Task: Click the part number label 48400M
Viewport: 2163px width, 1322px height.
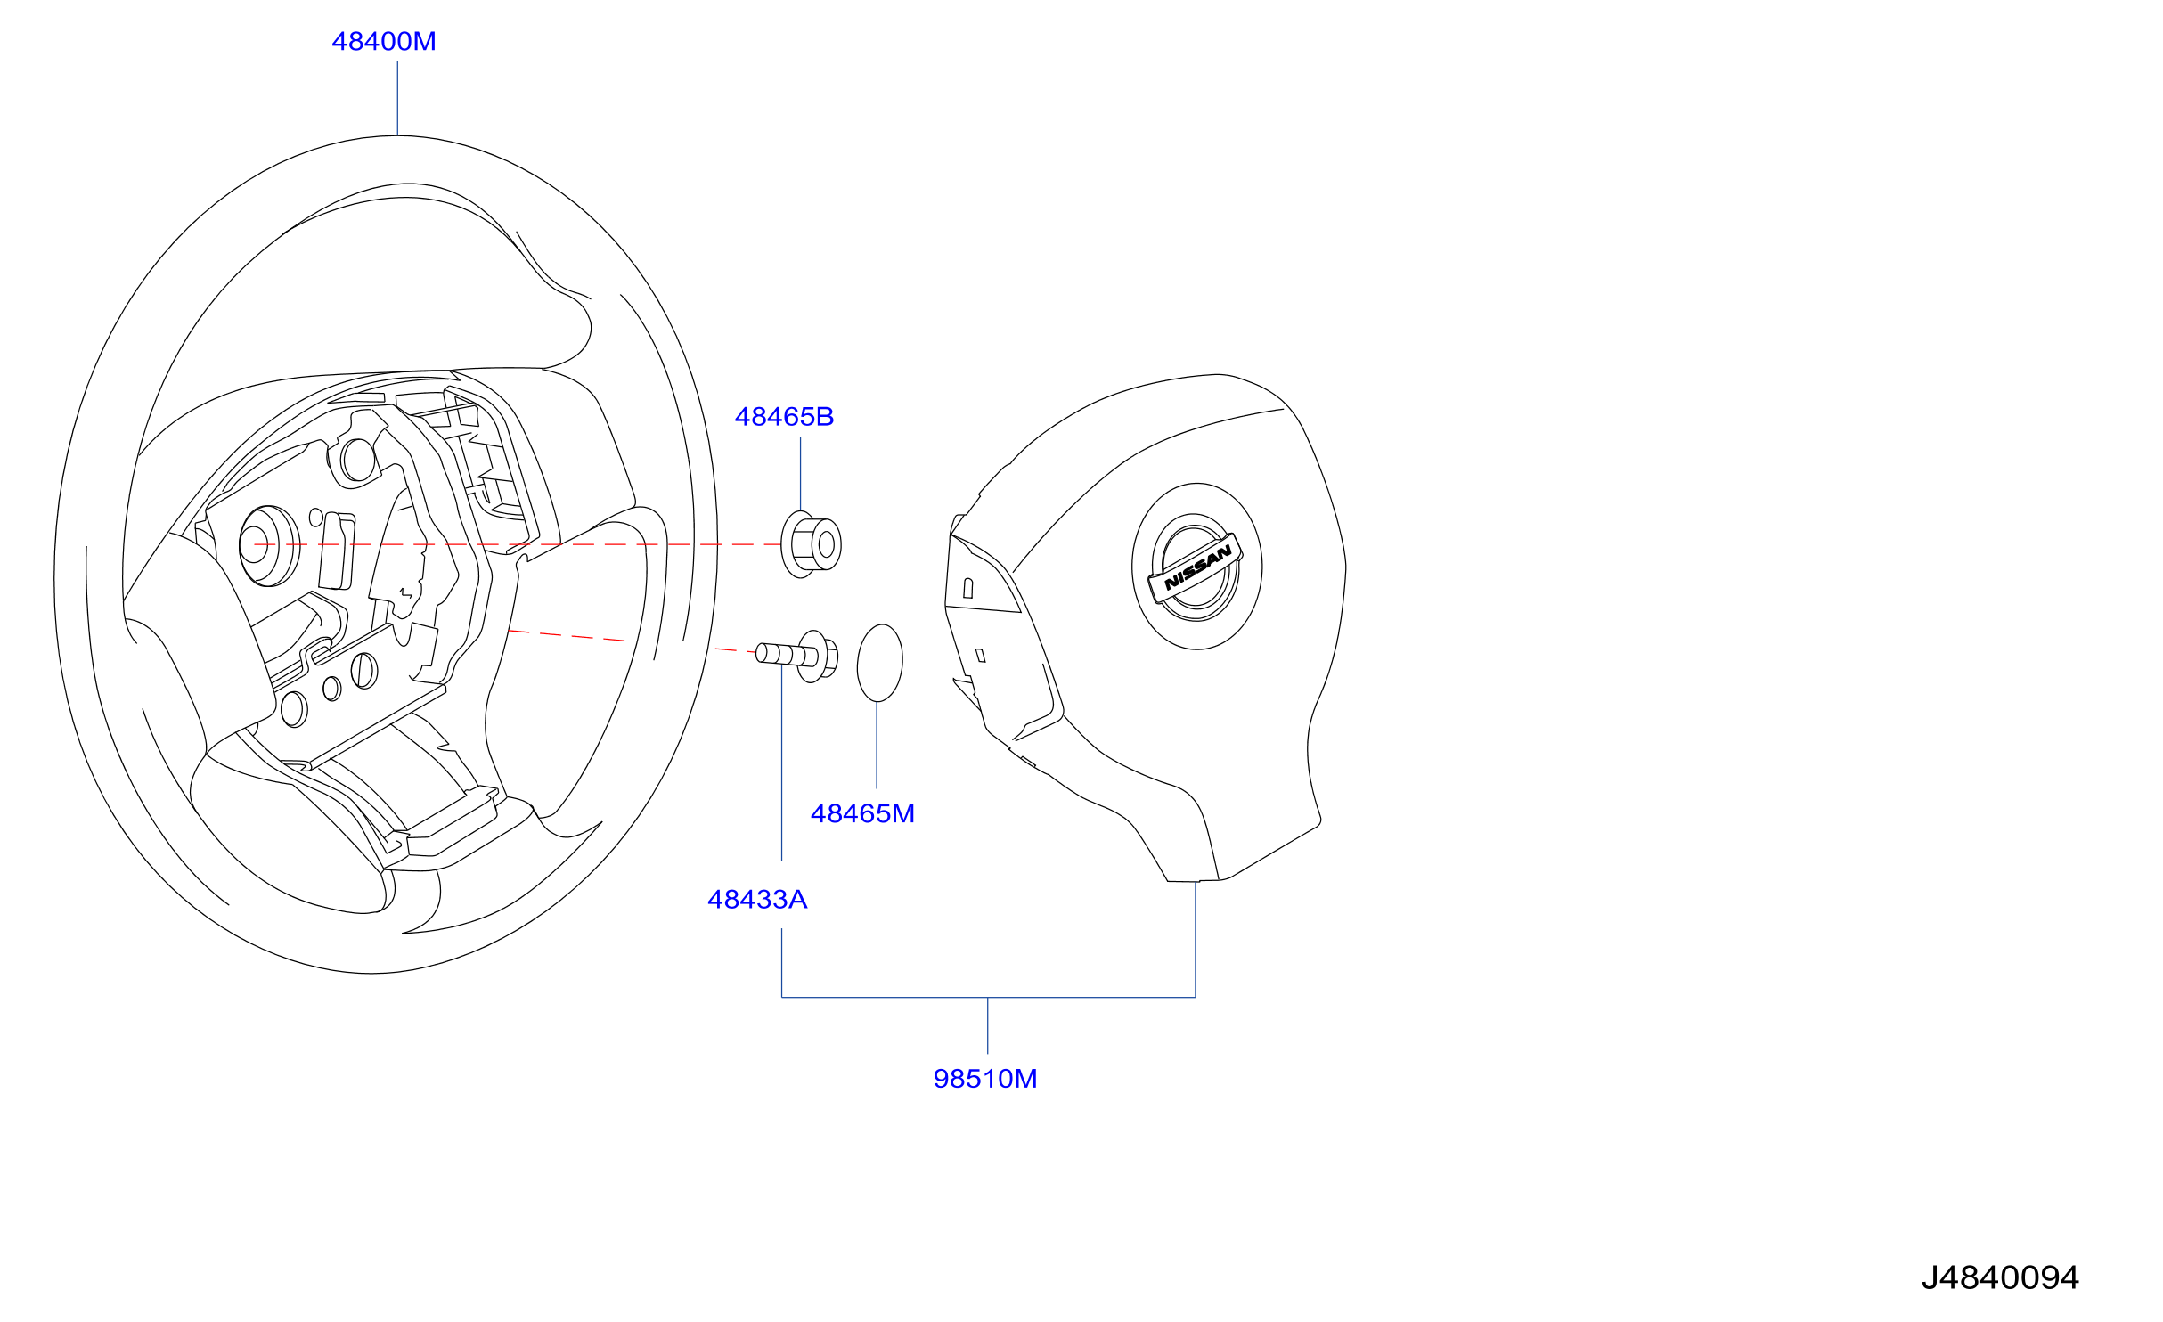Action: pyautogui.click(x=384, y=42)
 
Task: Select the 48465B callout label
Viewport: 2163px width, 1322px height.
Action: pyautogui.click(x=784, y=417)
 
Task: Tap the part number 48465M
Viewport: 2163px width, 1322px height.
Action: pyautogui.click(x=862, y=813)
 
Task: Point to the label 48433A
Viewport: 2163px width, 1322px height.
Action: pyautogui.click(x=757, y=900)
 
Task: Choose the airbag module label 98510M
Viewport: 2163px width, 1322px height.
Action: pyautogui.click(x=985, y=1079)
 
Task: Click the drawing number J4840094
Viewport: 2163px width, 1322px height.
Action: pyautogui.click(x=2000, y=1277)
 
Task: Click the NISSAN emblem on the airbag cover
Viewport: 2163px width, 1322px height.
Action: pyautogui.click(x=1196, y=567)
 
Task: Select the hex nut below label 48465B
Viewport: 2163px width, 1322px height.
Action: pyautogui.click(x=811, y=544)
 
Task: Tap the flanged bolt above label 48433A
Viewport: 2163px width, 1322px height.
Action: pyautogui.click(x=797, y=656)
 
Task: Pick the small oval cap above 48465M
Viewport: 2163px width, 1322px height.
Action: pyautogui.click(x=879, y=663)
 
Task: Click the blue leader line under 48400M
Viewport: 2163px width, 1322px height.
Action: pyautogui.click(x=397, y=98)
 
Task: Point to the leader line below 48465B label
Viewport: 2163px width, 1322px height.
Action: pyautogui.click(x=800, y=474)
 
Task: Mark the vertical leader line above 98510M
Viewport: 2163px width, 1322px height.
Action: pyautogui.click(x=987, y=1025)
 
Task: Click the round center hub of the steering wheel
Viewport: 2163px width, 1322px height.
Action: pyautogui.click(x=268, y=546)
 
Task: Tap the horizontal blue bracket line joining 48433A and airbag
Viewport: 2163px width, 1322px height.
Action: pyautogui.click(x=988, y=997)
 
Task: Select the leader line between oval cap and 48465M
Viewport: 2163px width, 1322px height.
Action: pyautogui.click(x=877, y=745)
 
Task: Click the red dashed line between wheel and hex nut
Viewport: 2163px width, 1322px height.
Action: pyautogui.click(x=517, y=544)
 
